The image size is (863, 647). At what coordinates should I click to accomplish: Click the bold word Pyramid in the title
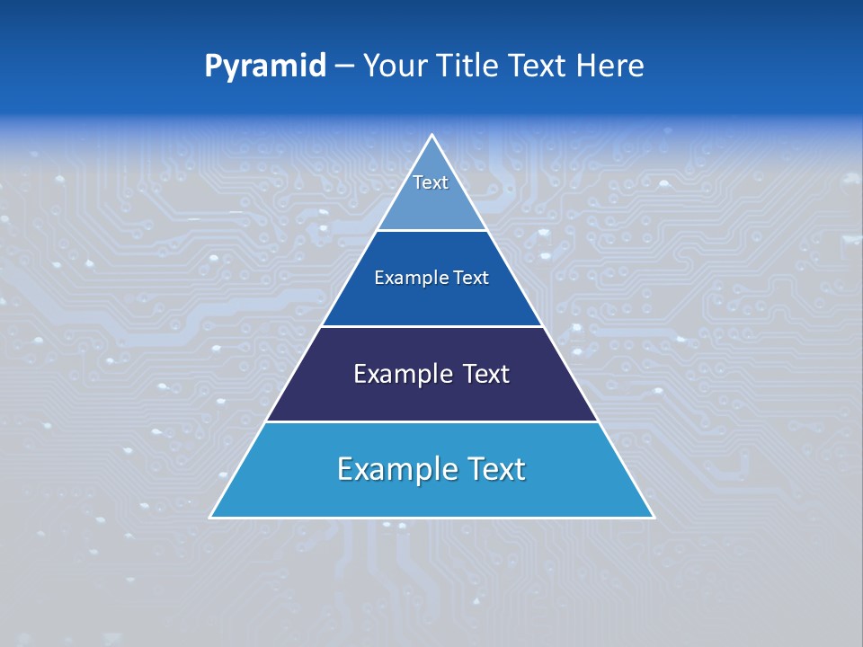(x=264, y=66)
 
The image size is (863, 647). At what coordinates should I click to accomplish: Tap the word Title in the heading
(x=470, y=66)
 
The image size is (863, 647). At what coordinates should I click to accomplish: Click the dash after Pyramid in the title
(x=343, y=66)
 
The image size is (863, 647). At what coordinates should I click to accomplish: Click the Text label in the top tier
(x=431, y=182)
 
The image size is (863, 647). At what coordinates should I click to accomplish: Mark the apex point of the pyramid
(x=432, y=135)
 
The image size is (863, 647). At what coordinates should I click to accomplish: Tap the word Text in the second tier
(x=471, y=278)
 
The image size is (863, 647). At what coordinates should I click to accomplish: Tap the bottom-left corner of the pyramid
(x=210, y=517)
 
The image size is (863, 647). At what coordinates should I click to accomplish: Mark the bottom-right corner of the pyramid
(x=654, y=517)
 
